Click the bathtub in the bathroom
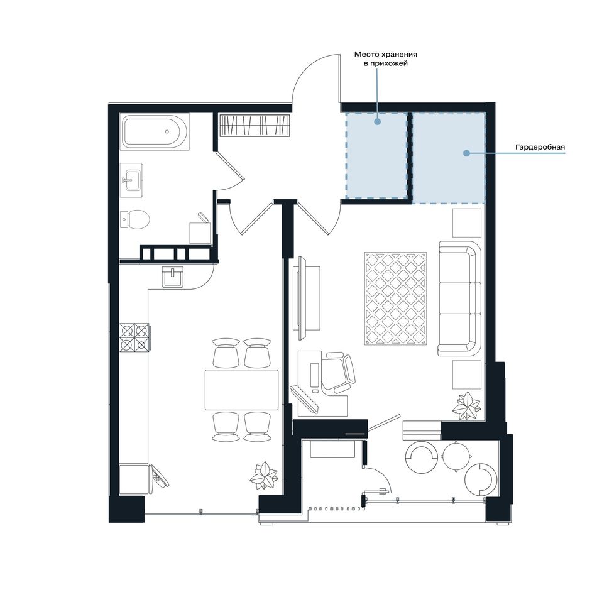[155, 131]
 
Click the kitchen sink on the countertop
[172, 277]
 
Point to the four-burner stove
[134, 337]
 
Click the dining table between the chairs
[242, 389]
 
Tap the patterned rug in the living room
[395, 298]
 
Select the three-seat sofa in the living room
[460, 298]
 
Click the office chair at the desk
[339, 372]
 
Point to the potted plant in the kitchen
[263, 475]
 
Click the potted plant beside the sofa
[467, 406]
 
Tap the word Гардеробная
[540, 147]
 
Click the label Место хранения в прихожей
[386, 58]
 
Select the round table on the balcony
[457, 456]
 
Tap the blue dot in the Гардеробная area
[466, 153]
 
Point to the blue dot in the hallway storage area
[377, 122]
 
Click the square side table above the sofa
[467, 222]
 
